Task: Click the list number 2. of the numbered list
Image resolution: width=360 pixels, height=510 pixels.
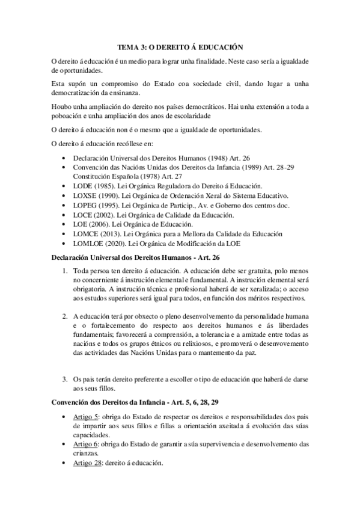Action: click(66, 316)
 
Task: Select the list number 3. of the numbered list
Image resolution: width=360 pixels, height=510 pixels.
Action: click(66, 379)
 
